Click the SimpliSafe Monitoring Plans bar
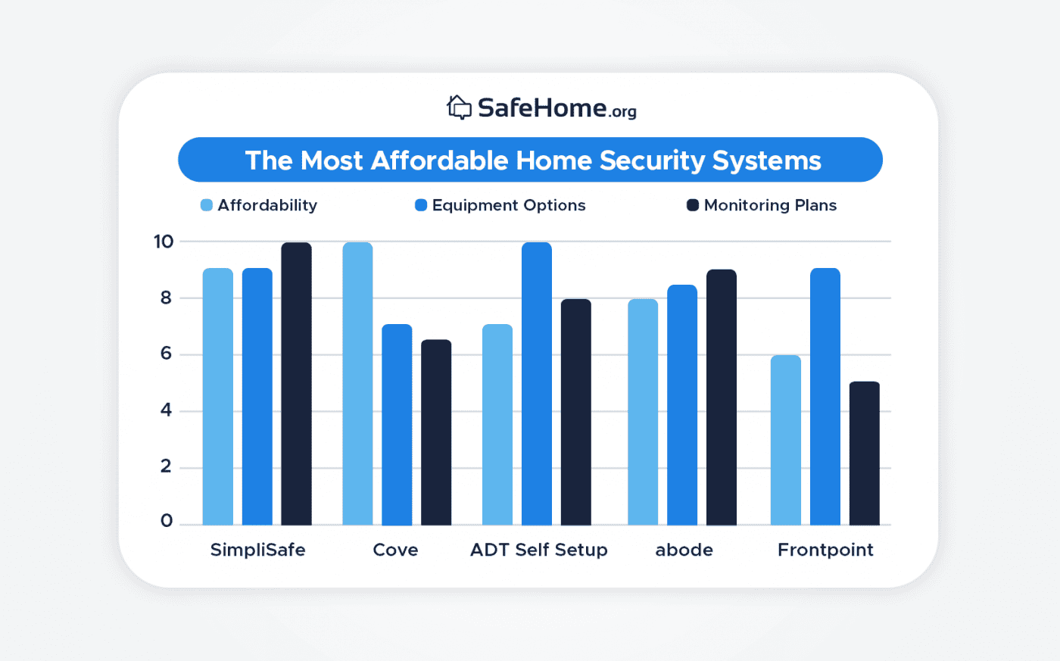(296, 384)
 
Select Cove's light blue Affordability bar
(357, 384)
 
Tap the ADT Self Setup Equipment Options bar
(536, 384)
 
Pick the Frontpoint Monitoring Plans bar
(864, 454)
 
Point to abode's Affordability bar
(643, 413)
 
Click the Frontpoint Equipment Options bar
(825, 397)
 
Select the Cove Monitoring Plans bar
(436, 432)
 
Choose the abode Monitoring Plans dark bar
(721, 398)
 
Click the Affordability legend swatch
(206, 205)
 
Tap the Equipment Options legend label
(509, 205)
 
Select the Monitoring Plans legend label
(770, 205)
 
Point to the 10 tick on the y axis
(164, 242)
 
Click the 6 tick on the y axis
(166, 354)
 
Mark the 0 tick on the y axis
(166, 521)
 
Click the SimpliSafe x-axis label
(257, 550)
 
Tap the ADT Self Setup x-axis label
(538, 550)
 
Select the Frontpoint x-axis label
(825, 550)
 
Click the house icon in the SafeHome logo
(459, 108)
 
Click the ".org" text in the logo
(623, 112)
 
